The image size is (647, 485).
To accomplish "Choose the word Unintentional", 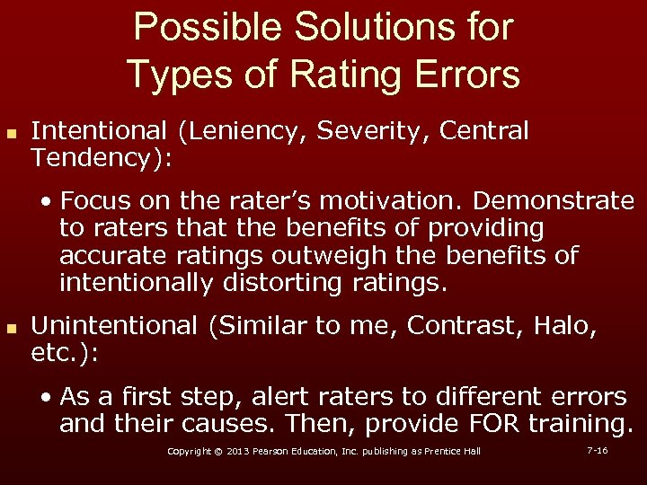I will click(x=113, y=325).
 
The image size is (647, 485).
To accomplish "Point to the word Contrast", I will click(x=455, y=325).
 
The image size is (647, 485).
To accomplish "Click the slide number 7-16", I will click(x=597, y=450).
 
